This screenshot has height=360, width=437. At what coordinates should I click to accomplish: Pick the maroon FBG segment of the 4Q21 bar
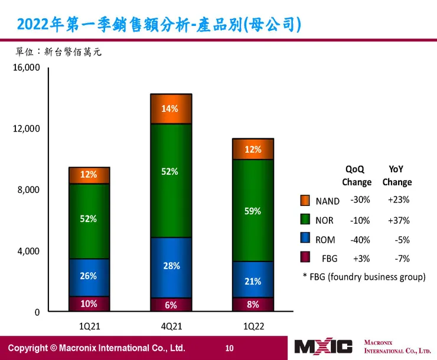171,305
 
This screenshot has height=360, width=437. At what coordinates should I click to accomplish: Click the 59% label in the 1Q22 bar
253,211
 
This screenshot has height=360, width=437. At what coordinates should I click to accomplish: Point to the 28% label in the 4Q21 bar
171,266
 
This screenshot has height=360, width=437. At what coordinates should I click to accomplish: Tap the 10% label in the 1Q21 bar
89,304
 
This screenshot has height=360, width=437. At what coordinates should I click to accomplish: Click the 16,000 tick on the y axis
25,68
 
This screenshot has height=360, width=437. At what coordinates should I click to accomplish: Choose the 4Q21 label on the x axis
171,325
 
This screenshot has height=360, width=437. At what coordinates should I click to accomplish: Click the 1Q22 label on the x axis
253,325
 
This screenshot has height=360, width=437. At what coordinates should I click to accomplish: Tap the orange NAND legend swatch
305,201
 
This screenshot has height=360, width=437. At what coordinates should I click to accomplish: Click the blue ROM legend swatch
305,238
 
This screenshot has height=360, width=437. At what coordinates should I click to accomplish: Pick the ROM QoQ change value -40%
360,240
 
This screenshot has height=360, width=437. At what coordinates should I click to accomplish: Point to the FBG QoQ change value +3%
360,258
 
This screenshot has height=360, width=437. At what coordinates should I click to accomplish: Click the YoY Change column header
397,176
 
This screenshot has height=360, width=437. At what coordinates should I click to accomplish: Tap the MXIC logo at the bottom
323,346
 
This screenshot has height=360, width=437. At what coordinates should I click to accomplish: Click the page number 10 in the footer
230,347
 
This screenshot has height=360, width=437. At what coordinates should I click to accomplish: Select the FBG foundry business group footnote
364,276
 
